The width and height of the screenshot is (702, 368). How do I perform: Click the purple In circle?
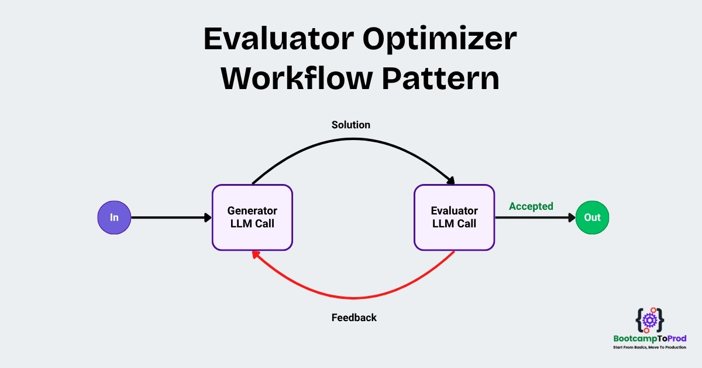114,217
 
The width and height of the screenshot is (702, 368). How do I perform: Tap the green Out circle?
592,217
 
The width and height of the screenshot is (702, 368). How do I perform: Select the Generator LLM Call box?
252,217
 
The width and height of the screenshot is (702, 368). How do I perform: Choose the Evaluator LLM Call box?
454,217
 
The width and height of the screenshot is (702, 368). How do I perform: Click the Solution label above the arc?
350,125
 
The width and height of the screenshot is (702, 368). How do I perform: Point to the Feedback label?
354,318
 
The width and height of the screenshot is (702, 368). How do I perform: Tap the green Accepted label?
531,206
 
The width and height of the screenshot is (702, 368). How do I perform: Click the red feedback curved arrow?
353,298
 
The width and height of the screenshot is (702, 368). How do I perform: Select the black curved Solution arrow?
353,139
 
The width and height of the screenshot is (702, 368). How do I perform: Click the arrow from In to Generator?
171,217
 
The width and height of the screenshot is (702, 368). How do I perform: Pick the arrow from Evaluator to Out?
535,217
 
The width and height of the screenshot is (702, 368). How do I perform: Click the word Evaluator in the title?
279,39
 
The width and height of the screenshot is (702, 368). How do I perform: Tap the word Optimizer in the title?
439,40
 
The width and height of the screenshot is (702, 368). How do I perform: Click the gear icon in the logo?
650,321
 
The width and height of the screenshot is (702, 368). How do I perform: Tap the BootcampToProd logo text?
650,339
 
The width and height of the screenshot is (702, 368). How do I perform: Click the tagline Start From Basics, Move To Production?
650,347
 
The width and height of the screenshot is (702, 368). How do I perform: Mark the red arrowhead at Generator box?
256,255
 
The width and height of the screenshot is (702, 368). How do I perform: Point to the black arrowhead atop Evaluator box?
451,181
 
